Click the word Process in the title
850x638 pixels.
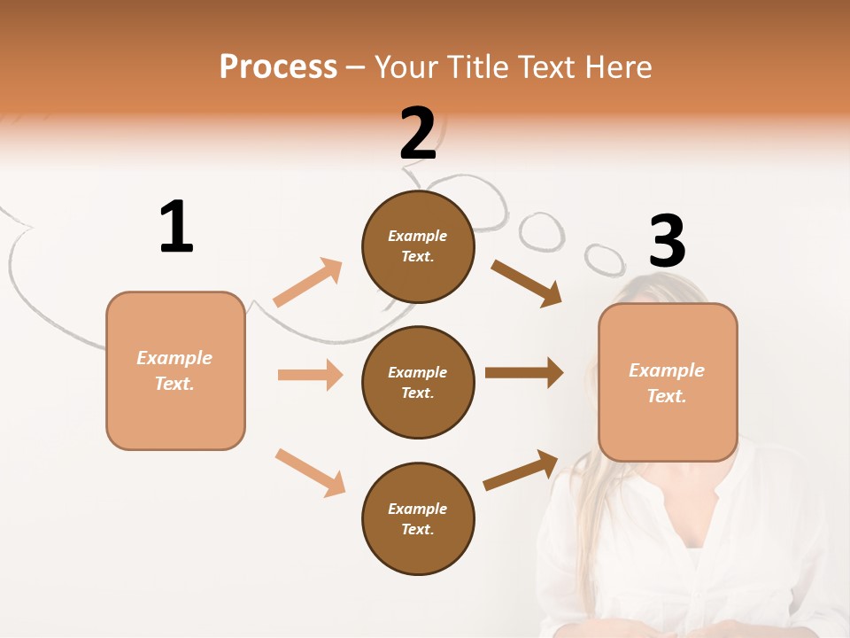(x=278, y=67)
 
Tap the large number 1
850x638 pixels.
(x=176, y=227)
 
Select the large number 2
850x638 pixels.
(x=418, y=134)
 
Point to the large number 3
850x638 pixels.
(x=667, y=242)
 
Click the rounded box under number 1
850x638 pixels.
(x=175, y=370)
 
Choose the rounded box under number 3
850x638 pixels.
(x=668, y=383)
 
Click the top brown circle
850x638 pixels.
(x=418, y=246)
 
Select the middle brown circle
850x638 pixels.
(x=418, y=383)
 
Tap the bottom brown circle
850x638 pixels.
(x=418, y=519)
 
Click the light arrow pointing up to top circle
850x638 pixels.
(x=307, y=283)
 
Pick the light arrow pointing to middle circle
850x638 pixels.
(x=310, y=375)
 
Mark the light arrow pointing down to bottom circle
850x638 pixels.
(x=310, y=472)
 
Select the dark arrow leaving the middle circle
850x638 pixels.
(x=523, y=373)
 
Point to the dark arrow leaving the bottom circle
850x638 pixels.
(x=521, y=471)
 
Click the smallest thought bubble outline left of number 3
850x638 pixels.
(x=605, y=258)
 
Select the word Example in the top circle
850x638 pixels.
(x=418, y=236)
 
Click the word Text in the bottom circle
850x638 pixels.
(x=416, y=530)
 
